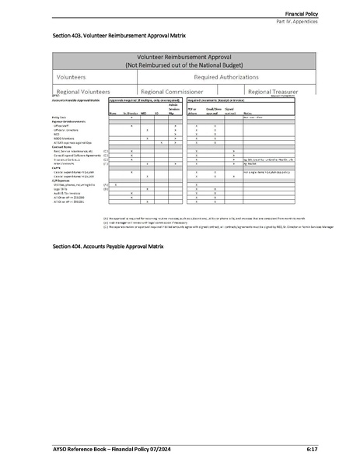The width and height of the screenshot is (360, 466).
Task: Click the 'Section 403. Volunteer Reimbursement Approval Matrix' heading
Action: [x=119, y=36]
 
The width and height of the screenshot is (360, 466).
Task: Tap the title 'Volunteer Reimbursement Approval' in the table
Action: [x=180, y=58]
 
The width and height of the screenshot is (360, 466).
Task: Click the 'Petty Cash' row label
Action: [x=59, y=116]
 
